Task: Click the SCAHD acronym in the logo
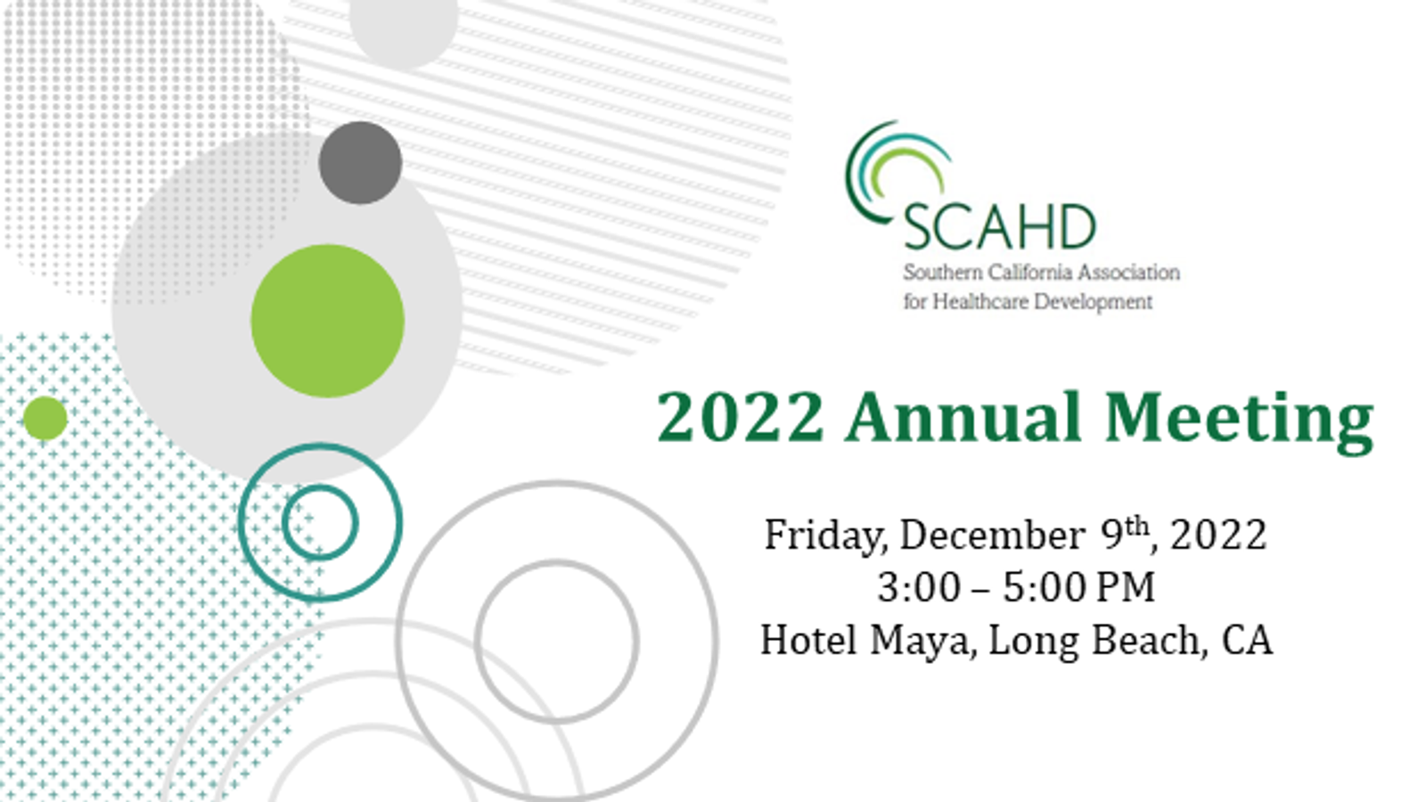(999, 227)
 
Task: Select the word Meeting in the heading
(1240, 422)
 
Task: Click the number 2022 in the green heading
(741, 417)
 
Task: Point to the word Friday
(825, 536)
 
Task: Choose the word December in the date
(993, 535)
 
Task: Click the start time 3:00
(919, 587)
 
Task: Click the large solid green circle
(328, 321)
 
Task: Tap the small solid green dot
(45, 418)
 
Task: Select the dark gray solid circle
(360, 163)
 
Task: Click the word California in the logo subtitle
(1020, 273)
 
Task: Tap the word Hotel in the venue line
(808, 640)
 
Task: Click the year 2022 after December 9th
(1218, 536)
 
